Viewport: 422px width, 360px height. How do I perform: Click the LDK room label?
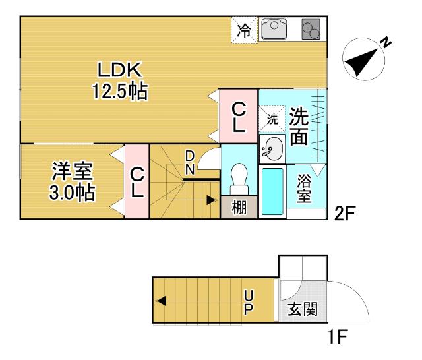tap(119, 69)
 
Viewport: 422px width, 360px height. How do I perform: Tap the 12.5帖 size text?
tap(119, 90)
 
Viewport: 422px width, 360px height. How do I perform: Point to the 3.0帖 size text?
tap(73, 193)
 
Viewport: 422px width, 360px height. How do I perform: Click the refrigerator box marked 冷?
tap(244, 30)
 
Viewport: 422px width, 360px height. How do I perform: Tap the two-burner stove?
tap(310, 30)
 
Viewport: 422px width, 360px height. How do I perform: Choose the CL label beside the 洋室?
tap(137, 182)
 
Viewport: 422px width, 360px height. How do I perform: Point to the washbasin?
tap(271, 148)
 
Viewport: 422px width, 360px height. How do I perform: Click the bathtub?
tap(272, 191)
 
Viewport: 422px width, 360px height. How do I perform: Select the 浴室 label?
tap(304, 188)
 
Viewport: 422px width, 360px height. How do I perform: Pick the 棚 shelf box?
tap(238, 208)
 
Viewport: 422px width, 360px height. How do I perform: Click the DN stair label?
tap(189, 162)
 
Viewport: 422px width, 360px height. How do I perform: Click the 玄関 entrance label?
tap(303, 308)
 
